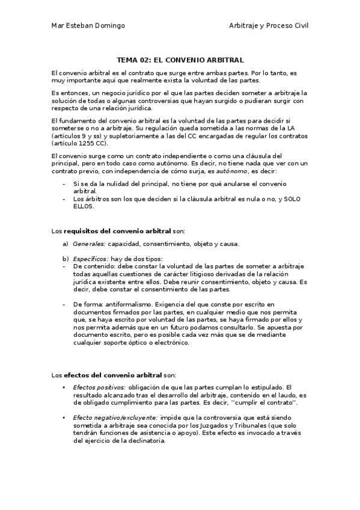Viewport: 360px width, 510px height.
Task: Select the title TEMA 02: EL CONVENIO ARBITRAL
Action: coord(180,60)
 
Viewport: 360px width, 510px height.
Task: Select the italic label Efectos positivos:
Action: coord(99,387)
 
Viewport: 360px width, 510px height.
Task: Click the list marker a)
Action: coord(66,244)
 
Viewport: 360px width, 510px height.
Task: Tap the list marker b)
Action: coord(66,258)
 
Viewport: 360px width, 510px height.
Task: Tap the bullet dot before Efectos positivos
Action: coord(64,387)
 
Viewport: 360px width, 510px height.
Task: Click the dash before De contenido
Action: coord(64,266)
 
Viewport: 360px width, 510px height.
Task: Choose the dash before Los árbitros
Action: coord(64,199)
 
